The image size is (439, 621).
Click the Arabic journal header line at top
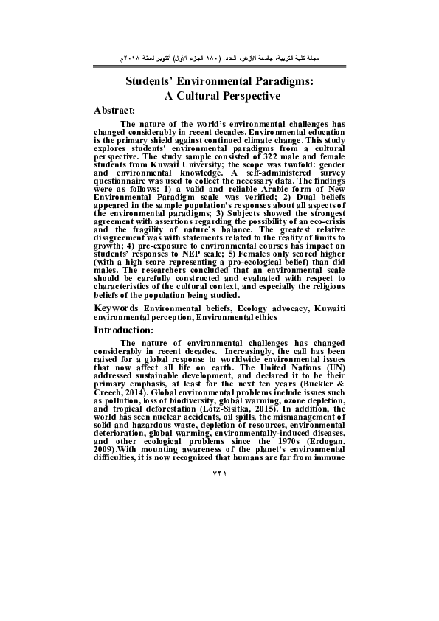[219, 57]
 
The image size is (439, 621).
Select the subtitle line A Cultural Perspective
[219, 96]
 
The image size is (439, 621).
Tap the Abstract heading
[115, 111]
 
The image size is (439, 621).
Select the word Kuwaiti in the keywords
[325, 306]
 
